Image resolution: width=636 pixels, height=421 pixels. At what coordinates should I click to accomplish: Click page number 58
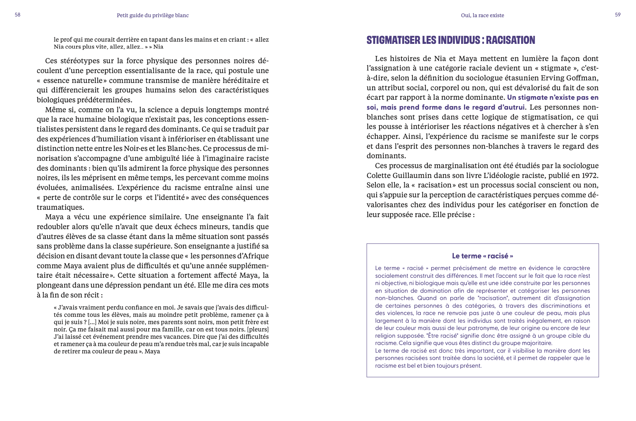tap(18, 15)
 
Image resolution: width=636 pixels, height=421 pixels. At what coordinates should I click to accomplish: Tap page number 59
tap(618, 15)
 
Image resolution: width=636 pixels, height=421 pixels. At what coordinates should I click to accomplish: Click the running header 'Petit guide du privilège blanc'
tap(153, 15)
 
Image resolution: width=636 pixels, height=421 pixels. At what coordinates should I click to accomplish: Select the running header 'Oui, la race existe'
tap(482, 15)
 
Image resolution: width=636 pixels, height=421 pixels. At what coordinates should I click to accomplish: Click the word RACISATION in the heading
tap(510, 40)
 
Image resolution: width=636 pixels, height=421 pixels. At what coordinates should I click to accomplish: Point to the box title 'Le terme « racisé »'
tap(482, 256)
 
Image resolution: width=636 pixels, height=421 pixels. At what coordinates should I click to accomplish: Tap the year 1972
tap(590, 175)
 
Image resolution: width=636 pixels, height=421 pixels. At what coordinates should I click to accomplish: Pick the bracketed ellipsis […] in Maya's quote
tap(92, 322)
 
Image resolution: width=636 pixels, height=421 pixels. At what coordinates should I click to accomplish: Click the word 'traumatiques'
tap(60, 207)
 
